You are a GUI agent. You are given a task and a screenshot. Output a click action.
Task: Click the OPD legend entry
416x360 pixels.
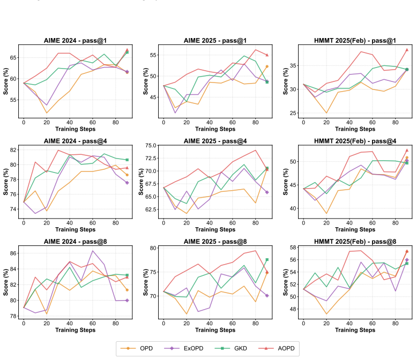pyautogui.click(x=137, y=348)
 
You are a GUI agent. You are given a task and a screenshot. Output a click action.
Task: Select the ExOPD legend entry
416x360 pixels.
pyautogui.click(x=183, y=348)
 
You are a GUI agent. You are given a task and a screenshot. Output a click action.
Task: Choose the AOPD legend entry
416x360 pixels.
pyautogui.click(x=277, y=348)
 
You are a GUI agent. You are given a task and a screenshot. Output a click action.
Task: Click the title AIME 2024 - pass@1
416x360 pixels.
pyautogui.click(x=76, y=41)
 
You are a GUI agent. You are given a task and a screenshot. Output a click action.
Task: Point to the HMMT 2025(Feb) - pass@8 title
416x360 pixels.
pyautogui.click(x=355, y=242)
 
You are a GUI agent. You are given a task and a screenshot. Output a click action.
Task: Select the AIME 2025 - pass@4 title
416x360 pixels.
pyautogui.click(x=215, y=141)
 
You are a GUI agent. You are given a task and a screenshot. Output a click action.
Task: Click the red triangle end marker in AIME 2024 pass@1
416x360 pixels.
pyautogui.click(x=127, y=50)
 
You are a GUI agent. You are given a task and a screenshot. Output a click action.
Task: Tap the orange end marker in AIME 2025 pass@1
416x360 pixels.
pyautogui.click(x=267, y=66)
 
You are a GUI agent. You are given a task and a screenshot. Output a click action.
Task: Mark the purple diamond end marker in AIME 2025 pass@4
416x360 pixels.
pyautogui.click(x=267, y=192)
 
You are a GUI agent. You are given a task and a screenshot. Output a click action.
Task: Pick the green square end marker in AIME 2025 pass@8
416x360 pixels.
pyautogui.click(x=267, y=259)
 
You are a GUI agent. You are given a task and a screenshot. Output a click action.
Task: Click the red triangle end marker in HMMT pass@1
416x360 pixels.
pyautogui.click(x=407, y=50)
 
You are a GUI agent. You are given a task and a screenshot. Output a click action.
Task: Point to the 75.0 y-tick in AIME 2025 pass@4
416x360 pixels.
pyautogui.click(x=151, y=146)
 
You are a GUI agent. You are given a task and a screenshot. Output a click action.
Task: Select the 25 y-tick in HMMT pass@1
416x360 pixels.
pyautogui.click(x=293, y=113)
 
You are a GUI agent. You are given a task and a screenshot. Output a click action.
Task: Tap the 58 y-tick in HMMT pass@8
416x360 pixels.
pyautogui.click(x=293, y=247)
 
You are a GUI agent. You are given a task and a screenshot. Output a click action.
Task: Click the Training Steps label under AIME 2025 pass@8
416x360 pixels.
pyautogui.click(x=215, y=330)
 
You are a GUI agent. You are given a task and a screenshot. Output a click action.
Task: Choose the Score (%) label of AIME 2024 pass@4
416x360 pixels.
pyautogui.click(x=5, y=182)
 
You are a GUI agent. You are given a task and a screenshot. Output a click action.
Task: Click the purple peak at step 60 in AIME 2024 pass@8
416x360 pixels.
pyautogui.click(x=93, y=251)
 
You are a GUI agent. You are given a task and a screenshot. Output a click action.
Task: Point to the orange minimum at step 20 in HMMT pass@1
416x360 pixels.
pyautogui.click(x=326, y=113)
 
